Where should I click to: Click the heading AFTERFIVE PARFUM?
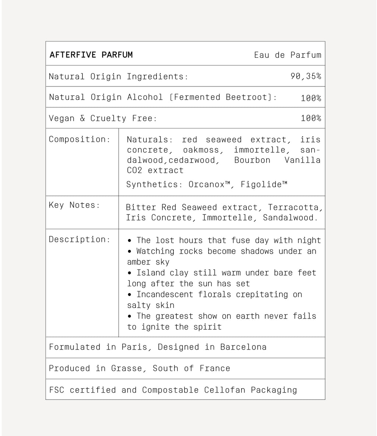(91, 55)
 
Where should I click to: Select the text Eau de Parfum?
(288, 55)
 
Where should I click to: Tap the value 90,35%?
(306, 76)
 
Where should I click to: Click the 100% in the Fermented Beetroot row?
(311, 98)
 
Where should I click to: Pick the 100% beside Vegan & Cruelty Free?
(311, 118)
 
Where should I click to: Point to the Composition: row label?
(80, 139)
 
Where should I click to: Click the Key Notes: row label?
(74, 205)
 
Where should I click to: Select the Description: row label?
(80, 239)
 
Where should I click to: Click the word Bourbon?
(252, 160)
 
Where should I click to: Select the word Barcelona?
(243, 347)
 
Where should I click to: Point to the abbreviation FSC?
(56, 390)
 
